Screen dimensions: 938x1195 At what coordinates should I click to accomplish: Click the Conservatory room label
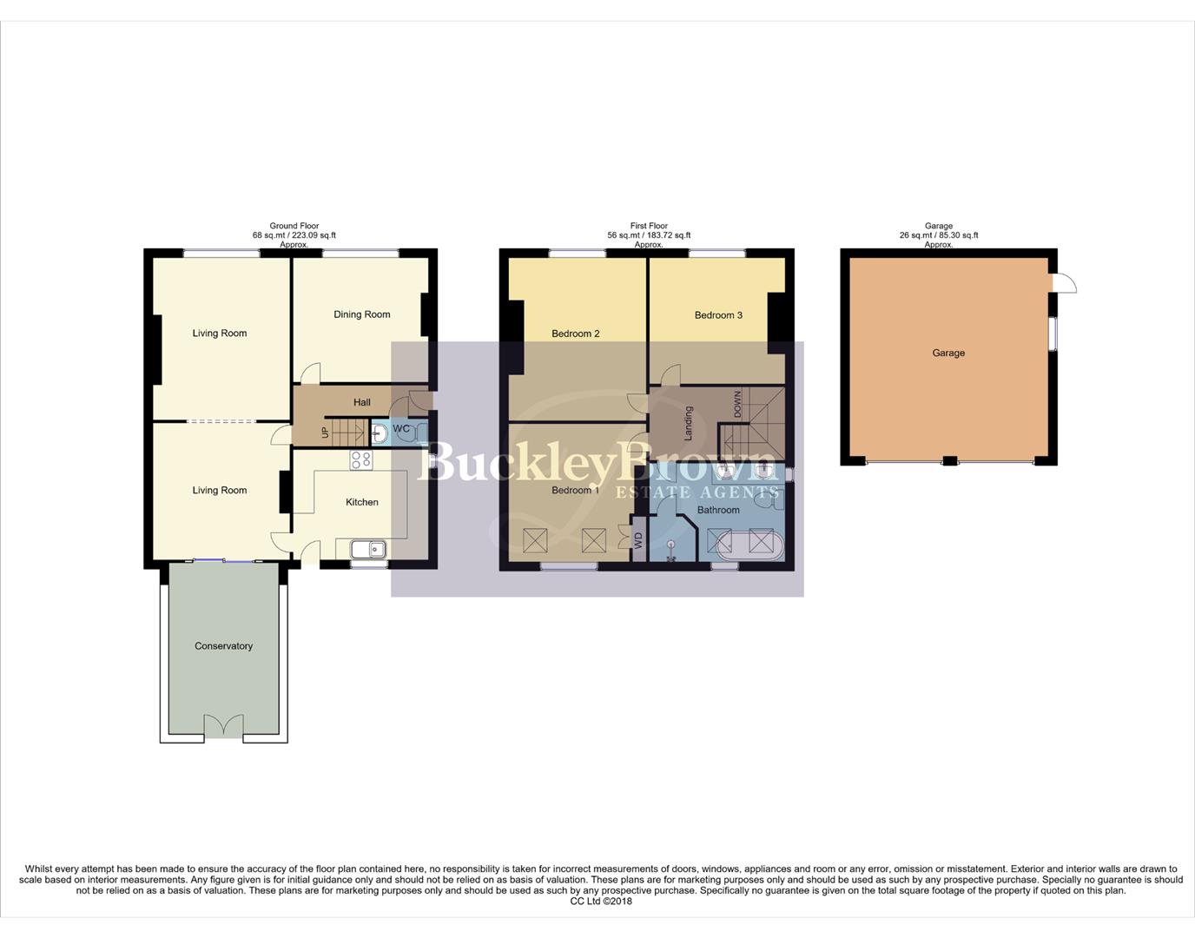[x=223, y=646]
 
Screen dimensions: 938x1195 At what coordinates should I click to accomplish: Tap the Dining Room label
[x=361, y=314]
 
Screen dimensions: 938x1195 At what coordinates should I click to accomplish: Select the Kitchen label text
[x=362, y=502]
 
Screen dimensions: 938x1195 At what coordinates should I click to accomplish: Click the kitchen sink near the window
[x=368, y=549]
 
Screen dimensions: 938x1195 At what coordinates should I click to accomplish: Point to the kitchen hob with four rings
[x=361, y=460]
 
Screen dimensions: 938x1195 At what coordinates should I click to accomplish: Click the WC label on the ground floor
[x=401, y=429]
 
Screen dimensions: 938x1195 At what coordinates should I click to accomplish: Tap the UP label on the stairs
[x=326, y=432]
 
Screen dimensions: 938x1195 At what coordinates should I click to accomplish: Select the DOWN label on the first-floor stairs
[x=738, y=404]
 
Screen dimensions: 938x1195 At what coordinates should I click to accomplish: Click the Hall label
[x=362, y=402]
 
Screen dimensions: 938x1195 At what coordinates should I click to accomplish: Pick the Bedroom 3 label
[x=718, y=315]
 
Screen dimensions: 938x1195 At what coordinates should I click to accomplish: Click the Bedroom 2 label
[x=576, y=334]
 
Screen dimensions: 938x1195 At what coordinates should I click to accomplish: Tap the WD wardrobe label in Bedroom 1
[x=638, y=542]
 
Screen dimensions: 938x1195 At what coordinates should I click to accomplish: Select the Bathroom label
[x=718, y=510]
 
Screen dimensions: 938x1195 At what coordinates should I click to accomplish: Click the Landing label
[x=689, y=423]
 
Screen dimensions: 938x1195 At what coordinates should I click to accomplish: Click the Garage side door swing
[x=1063, y=283]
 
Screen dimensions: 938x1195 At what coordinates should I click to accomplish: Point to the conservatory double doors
[x=224, y=726]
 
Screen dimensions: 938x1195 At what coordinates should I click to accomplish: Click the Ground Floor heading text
[x=294, y=226]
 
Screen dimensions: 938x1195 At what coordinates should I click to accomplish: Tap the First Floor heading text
[x=649, y=226]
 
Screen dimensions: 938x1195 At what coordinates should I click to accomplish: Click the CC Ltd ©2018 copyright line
[x=601, y=902]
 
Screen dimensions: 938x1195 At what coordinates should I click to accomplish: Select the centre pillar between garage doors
[x=950, y=460]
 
